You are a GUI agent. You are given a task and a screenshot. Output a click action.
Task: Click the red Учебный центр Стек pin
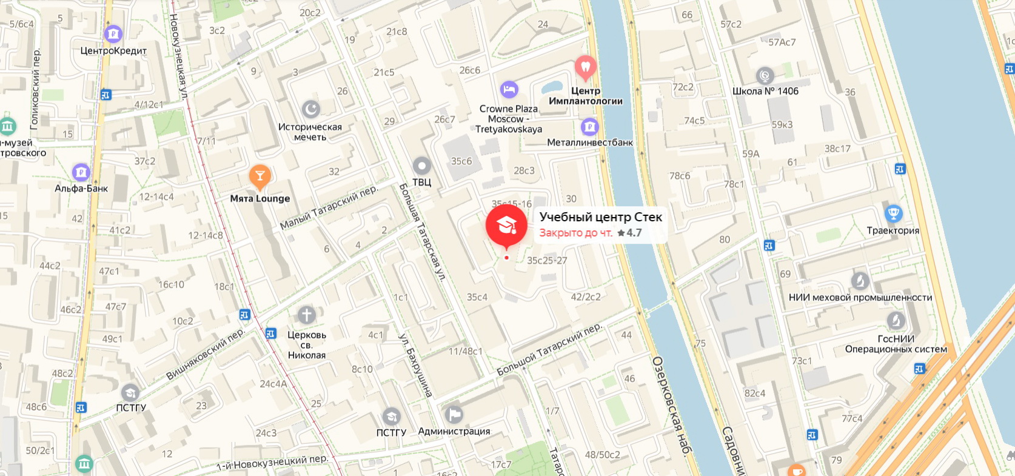[506, 226]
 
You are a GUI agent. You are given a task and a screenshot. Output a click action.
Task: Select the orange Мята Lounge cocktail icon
[260, 176]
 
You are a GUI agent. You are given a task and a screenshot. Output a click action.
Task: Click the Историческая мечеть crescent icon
[310, 109]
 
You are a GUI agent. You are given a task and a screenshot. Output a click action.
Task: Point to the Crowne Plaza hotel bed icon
[509, 90]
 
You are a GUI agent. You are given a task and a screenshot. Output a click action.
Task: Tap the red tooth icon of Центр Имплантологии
[585, 67]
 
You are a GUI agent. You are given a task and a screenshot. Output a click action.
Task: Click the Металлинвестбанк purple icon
[589, 127]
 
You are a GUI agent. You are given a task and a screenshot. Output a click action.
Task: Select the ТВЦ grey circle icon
[421, 166]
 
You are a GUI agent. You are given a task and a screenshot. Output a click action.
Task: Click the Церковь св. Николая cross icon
[306, 315]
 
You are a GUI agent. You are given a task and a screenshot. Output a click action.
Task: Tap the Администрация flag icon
[454, 415]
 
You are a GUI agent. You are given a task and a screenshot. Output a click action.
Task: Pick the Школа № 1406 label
[765, 91]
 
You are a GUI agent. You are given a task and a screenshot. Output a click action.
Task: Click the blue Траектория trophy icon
[893, 213]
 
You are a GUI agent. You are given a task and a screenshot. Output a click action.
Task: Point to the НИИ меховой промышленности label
[860, 297]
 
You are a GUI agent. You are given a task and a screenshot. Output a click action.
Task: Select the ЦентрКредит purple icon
[113, 34]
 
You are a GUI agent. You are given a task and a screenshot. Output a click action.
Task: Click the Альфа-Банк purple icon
[81, 172]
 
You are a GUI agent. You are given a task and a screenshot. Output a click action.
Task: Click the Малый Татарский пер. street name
[328, 208]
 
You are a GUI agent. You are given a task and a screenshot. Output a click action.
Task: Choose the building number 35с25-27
[547, 261]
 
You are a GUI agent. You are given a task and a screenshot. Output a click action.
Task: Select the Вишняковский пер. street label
[205, 355]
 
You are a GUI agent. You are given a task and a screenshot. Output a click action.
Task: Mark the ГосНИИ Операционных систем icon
[896, 321]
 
